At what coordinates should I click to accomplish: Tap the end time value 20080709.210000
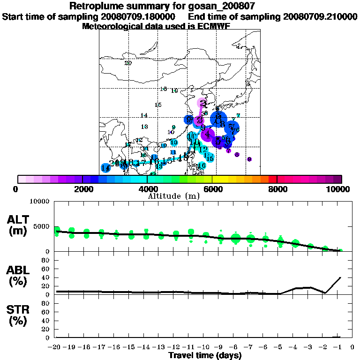coord(320,17)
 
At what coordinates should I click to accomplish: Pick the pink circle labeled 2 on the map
coord(202,104)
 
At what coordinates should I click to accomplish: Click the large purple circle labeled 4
coord(208,135)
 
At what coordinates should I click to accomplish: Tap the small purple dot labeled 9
coord(249,159)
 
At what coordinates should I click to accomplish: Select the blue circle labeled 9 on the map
coord(188,120)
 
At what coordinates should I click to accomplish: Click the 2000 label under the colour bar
coord(82,189)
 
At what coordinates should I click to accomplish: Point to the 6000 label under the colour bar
coord(212,189)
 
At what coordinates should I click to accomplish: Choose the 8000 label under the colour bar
coord(277,189)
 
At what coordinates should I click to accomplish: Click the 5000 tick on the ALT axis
coord(43,226)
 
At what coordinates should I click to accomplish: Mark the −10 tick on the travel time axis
coord(204,347)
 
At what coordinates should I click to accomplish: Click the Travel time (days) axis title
coord(205,356)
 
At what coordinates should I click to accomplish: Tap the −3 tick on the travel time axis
coord(310,347)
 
